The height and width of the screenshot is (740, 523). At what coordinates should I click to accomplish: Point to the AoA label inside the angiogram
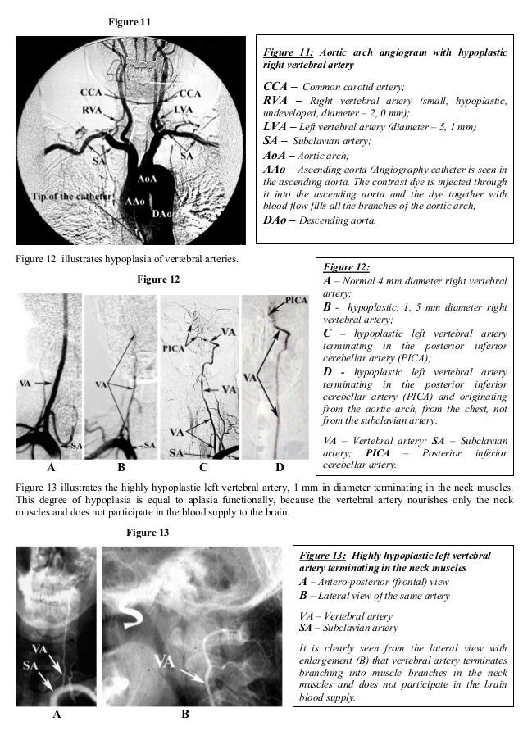tap(148, 178)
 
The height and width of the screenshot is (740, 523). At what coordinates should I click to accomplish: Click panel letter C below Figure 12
tap(202, 468)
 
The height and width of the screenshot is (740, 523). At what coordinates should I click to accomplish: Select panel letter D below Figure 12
tap(279, 468)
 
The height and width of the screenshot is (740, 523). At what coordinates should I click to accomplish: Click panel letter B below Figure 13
tap(184, 715)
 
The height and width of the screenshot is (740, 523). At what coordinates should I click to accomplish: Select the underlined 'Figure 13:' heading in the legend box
tap(321, 556)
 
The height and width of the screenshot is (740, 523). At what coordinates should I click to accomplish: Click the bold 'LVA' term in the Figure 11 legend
tap(275, 127)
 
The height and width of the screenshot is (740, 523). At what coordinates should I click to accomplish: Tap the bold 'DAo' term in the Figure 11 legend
tap(275, 219)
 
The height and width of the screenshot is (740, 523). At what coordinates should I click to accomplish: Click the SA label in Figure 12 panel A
tap(75, 444)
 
